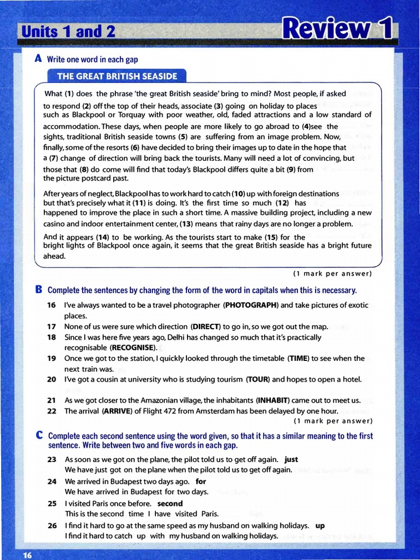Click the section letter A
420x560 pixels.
38,59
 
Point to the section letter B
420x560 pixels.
39,289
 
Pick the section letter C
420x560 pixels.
39,436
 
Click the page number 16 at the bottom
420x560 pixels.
28,555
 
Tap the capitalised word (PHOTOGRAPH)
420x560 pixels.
251,305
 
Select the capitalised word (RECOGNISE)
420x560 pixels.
133,347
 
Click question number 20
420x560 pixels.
52,379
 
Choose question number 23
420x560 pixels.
52,459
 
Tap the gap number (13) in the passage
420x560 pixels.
186,224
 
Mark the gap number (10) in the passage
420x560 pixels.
239,194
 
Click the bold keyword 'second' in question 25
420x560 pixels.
170,503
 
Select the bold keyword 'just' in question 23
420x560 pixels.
291,459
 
